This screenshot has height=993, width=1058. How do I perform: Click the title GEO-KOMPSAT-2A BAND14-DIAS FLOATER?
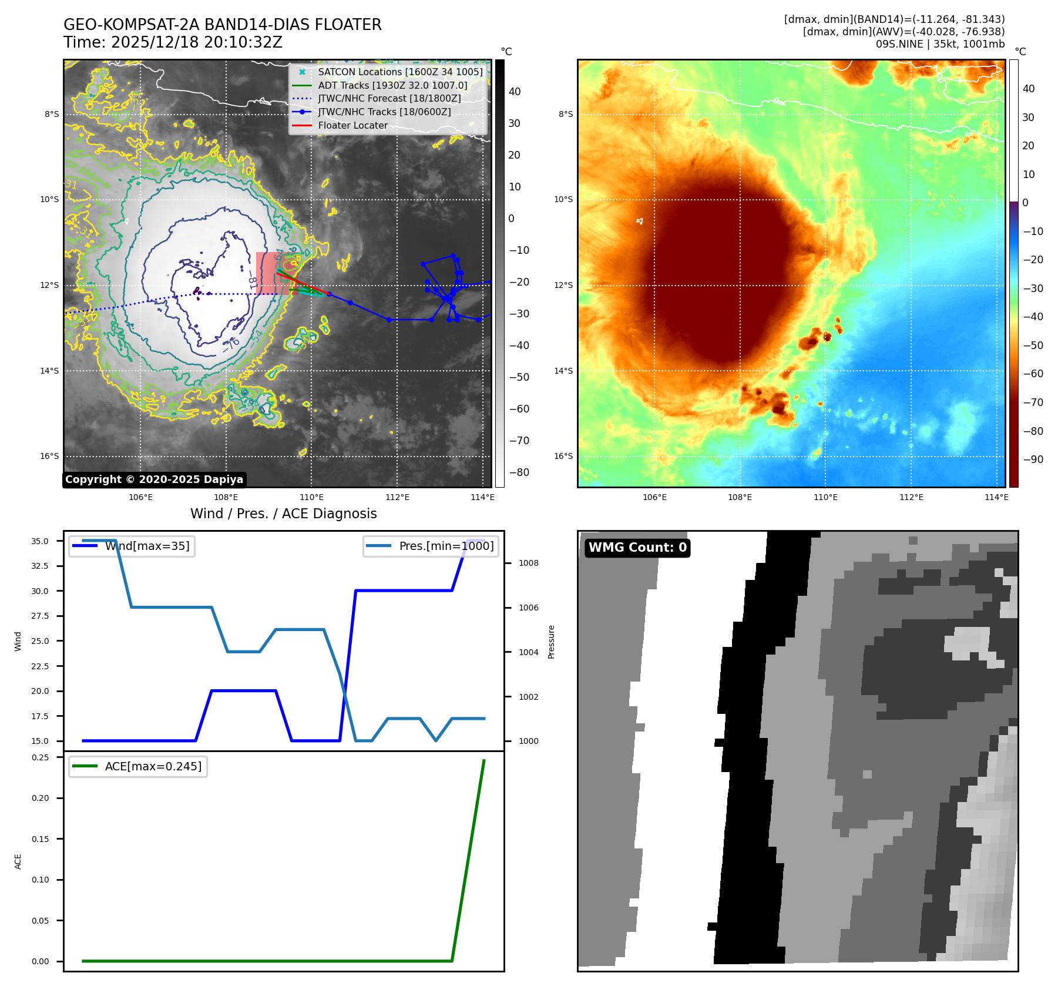(222, 25)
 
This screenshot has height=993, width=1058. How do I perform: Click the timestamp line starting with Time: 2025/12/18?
(173, 43)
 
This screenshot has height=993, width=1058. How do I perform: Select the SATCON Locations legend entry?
(400, 72)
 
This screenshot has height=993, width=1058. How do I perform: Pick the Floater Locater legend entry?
(352, 125)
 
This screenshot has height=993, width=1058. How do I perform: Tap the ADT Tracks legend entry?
(392, 85)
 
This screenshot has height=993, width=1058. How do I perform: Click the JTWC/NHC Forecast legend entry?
(389, 98)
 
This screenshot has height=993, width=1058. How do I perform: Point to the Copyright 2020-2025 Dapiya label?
(154, 479)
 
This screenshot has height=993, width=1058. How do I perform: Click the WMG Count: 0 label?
(637, 548)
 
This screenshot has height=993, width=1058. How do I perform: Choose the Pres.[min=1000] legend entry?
(446, 546)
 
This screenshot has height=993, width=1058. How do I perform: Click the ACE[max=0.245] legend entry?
(153, 766)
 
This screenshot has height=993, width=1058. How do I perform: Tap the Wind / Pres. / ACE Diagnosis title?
(283, 514)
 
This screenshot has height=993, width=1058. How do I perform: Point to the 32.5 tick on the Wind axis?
(40, 566)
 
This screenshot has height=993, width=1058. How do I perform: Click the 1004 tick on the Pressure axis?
(528, 652)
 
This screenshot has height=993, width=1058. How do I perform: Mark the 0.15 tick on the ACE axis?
(40, 839)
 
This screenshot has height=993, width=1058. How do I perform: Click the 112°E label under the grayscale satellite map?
(397, 497)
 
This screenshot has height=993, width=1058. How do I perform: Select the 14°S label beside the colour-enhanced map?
(563, 371)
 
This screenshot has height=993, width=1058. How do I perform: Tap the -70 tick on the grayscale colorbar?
(519, 441)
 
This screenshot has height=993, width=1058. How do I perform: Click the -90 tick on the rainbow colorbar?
(1033, 459)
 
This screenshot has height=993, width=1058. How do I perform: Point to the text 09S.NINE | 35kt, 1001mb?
(940, 44)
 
